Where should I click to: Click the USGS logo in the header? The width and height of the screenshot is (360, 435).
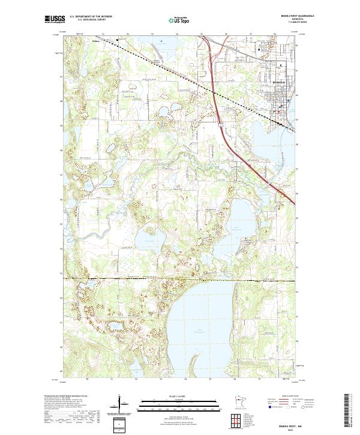pos(54,19)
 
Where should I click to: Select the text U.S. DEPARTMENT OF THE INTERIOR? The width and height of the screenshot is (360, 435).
pos(91,17)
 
